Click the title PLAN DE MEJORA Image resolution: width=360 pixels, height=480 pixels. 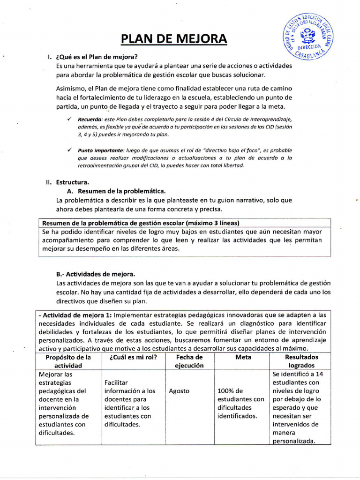173,38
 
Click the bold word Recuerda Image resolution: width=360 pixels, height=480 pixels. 89,119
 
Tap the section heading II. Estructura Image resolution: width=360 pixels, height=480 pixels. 67,182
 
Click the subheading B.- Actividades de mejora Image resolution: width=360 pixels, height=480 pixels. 95,274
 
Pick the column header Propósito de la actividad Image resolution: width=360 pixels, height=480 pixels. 68,361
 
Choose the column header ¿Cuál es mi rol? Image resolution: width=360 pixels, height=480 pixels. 133,357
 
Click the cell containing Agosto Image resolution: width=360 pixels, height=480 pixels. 179,391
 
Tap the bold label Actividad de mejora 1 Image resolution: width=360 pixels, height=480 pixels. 75,315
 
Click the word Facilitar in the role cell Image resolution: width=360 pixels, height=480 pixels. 116,382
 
